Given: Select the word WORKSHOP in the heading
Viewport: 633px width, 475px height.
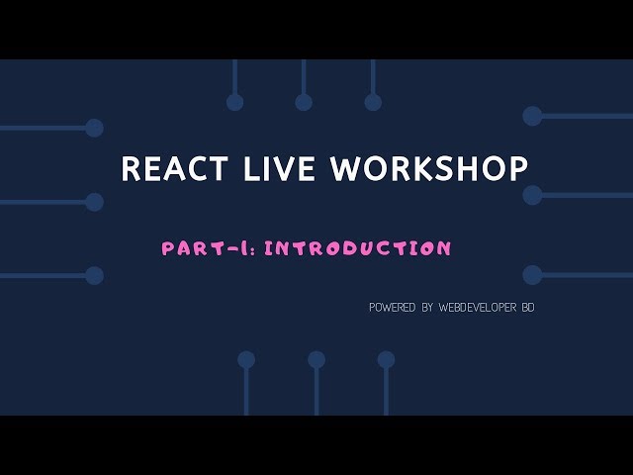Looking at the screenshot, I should [x=429, y=168].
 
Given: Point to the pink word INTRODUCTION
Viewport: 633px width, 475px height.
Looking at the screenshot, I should [x=358, y=248].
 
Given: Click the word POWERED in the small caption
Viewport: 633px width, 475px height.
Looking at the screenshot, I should [x=393, y=308].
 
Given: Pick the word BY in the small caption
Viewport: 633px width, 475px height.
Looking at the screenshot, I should [x=427, y=308].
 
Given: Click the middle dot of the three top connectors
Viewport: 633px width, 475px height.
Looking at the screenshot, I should [x=304, y=102].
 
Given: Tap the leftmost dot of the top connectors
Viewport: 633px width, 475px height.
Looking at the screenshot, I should [x=234, y=102].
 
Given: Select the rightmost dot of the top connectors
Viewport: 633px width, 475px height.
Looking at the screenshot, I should [x=373, y=102].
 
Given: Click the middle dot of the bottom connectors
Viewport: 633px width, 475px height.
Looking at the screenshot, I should [x=316, y=359].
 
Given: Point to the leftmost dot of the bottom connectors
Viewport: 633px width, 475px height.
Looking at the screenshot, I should [x=246, y=359].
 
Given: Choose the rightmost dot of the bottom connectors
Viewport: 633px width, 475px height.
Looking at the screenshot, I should [x=386, y=359].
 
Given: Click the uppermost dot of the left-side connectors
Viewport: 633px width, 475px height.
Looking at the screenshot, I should [x=94, y=128].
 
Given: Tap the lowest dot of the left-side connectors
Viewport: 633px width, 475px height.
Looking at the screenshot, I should [x=94, y=275].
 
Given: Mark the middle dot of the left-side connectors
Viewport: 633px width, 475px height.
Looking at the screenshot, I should [x=94, y=202].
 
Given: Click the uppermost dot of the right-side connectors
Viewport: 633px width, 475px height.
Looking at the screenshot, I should [x=532, y=116].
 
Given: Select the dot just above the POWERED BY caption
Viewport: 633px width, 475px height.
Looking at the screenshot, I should [x=532, y=274].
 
